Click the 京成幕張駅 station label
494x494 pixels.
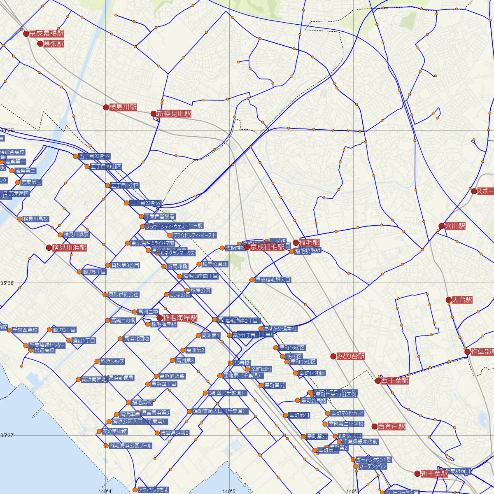click(47, 34)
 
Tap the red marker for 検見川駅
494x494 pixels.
click(106, 107)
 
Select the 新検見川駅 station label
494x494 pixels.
click(174, 114)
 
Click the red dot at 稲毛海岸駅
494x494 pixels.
click(160, 318)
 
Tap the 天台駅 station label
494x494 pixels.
click(462, 300)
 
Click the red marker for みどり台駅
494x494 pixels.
click(333, 356)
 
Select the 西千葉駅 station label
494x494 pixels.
click(394, 381)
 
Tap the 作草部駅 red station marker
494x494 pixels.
click(467, 352)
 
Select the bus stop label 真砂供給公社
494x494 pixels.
click(123, 295)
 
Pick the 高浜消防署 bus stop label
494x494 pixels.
click(172, 376)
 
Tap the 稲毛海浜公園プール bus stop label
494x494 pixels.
click(130, 446)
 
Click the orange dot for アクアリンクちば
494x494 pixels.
click(135, 490)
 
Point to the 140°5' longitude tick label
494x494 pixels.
click(229, 491)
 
